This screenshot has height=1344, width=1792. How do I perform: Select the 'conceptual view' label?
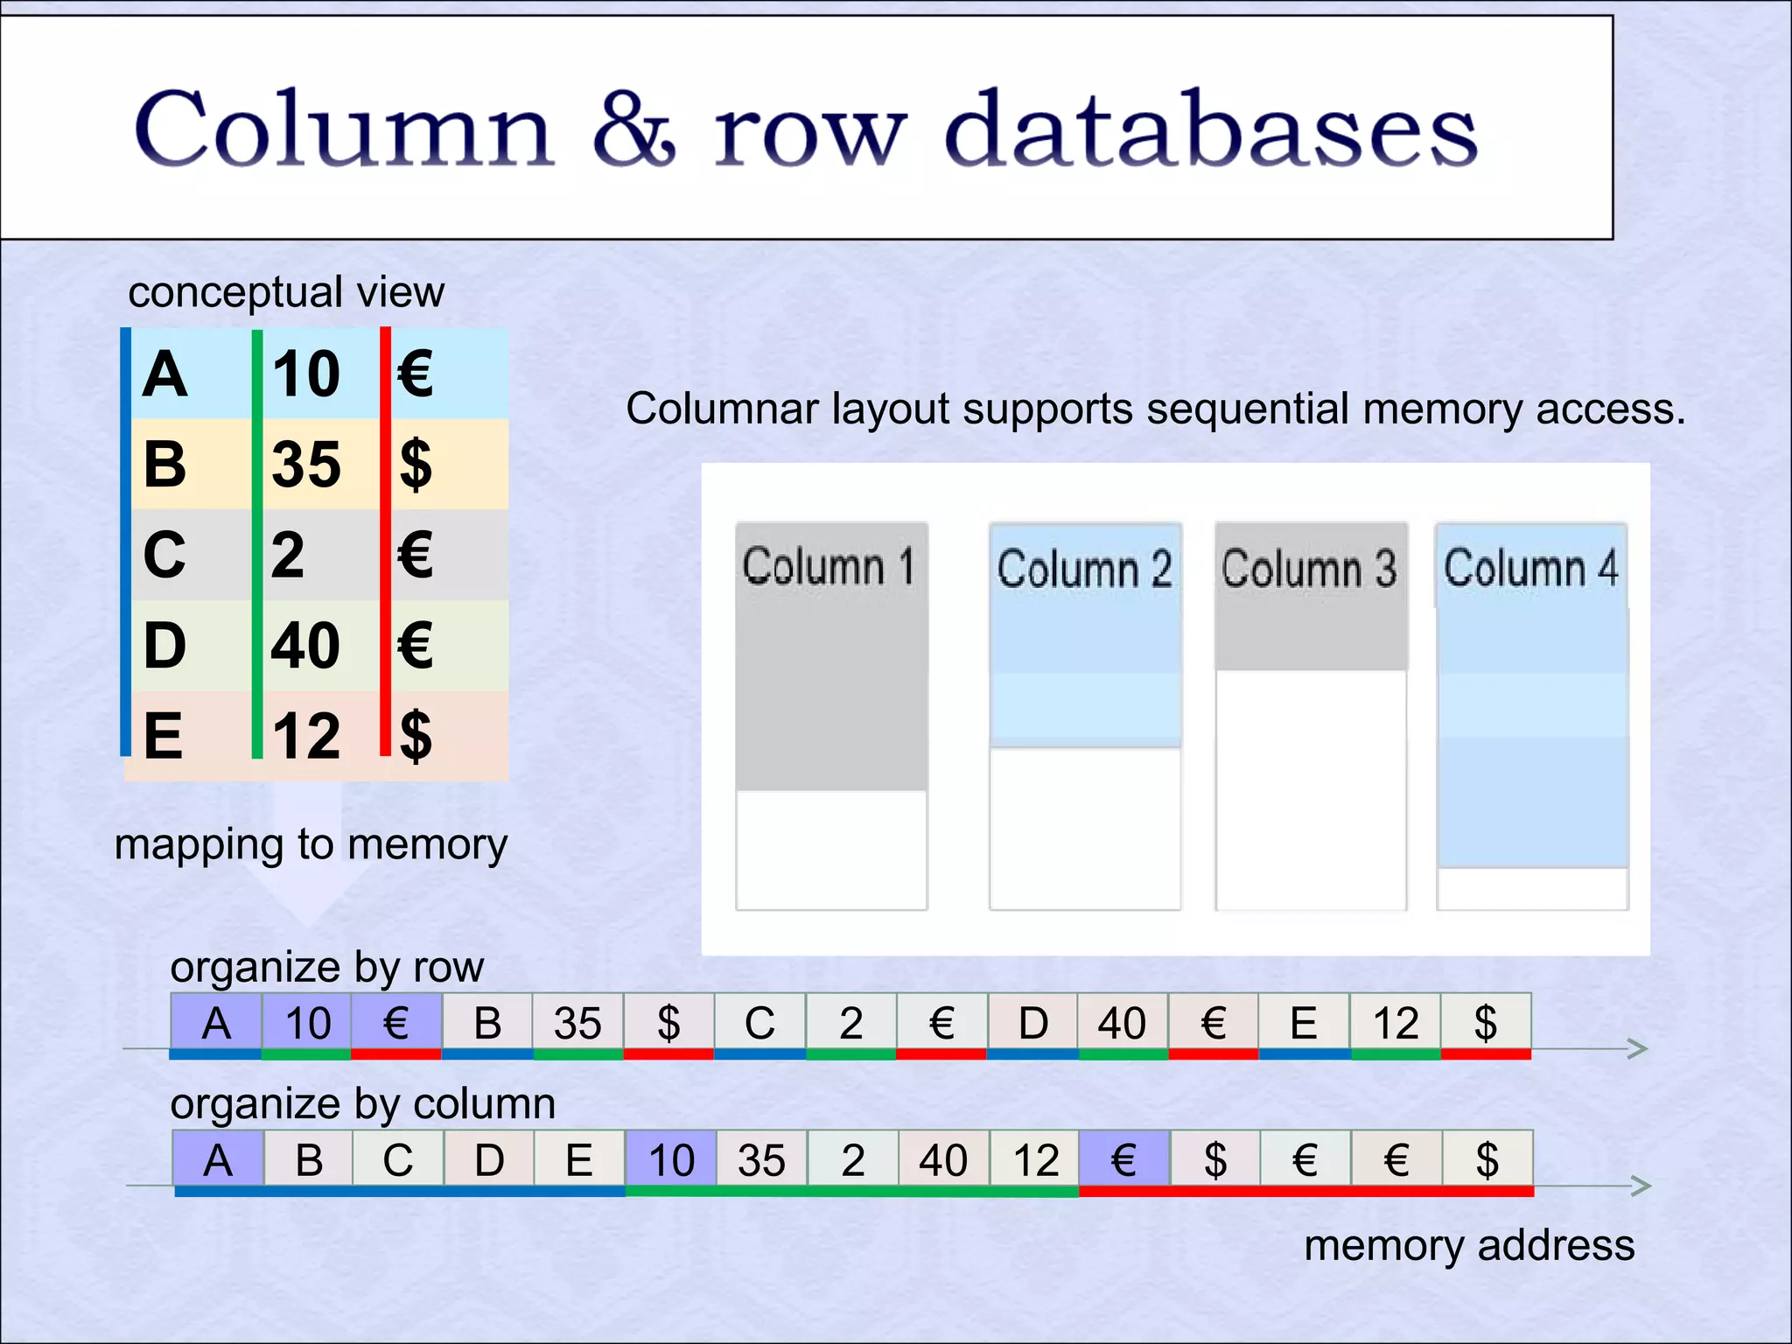286,291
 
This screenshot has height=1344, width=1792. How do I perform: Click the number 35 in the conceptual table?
305,464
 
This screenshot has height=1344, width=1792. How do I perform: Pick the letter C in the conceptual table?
164,555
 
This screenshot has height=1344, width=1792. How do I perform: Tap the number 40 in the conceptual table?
305,646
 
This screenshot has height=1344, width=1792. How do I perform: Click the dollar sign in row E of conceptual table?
416,736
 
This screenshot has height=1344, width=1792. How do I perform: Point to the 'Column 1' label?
829,566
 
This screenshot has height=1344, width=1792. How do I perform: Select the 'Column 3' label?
1309,569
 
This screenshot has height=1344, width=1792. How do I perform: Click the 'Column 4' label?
1531,568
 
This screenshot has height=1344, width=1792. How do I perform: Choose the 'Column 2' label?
1084,569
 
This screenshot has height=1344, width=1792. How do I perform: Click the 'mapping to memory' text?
311,844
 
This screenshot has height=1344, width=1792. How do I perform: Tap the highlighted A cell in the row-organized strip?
216,1023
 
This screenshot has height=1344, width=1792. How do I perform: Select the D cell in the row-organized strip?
1032,1023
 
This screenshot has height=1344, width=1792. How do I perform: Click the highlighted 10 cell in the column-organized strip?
671,1160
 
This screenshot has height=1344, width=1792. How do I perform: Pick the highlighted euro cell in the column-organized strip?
1123,1160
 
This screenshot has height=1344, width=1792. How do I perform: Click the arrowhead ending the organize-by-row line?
1638,1048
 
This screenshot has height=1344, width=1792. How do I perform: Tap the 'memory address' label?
1469,1245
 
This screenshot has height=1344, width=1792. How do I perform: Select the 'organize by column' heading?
362,1103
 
